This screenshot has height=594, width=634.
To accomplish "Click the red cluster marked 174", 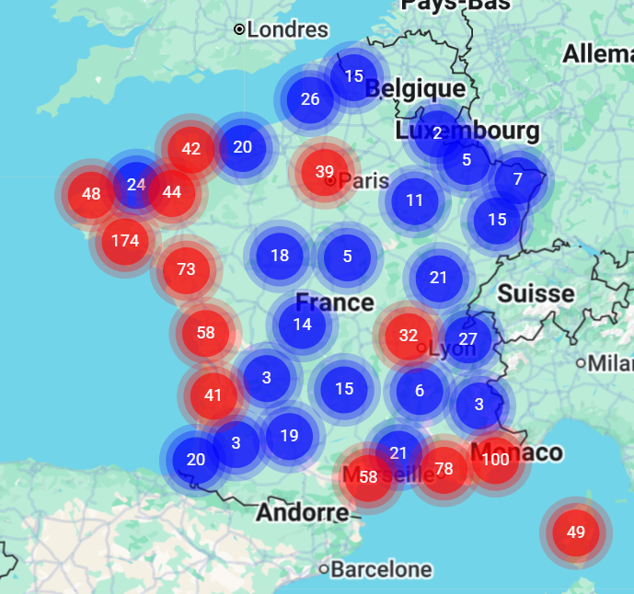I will [125, 241].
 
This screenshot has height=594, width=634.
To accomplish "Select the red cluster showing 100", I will [495, 459].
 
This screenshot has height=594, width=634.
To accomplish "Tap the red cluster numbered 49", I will [576, 531].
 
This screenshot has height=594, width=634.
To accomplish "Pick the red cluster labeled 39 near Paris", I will [324, 171].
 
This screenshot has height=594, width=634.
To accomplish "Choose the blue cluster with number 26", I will [310, 99].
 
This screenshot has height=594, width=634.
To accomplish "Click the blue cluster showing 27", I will [467, 339].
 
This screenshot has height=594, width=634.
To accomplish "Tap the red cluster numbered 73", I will [186, 269].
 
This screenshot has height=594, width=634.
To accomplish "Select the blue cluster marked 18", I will [280, 256].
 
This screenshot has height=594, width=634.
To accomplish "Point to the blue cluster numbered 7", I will [518, 178].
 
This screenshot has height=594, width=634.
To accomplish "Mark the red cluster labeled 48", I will [91, 194].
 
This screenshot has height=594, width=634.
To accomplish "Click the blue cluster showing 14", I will [303, 324].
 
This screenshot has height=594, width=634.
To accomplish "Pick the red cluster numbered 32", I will [409, 336].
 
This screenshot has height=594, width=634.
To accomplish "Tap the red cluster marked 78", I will [444, 469].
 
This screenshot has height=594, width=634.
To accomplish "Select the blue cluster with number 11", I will [415, 200].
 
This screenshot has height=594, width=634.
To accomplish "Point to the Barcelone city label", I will [380, 569].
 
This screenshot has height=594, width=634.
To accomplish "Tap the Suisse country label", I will [536, 294].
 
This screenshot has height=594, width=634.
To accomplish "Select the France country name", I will [335, 303].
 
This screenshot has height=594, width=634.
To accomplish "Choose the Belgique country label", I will [415, 89].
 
